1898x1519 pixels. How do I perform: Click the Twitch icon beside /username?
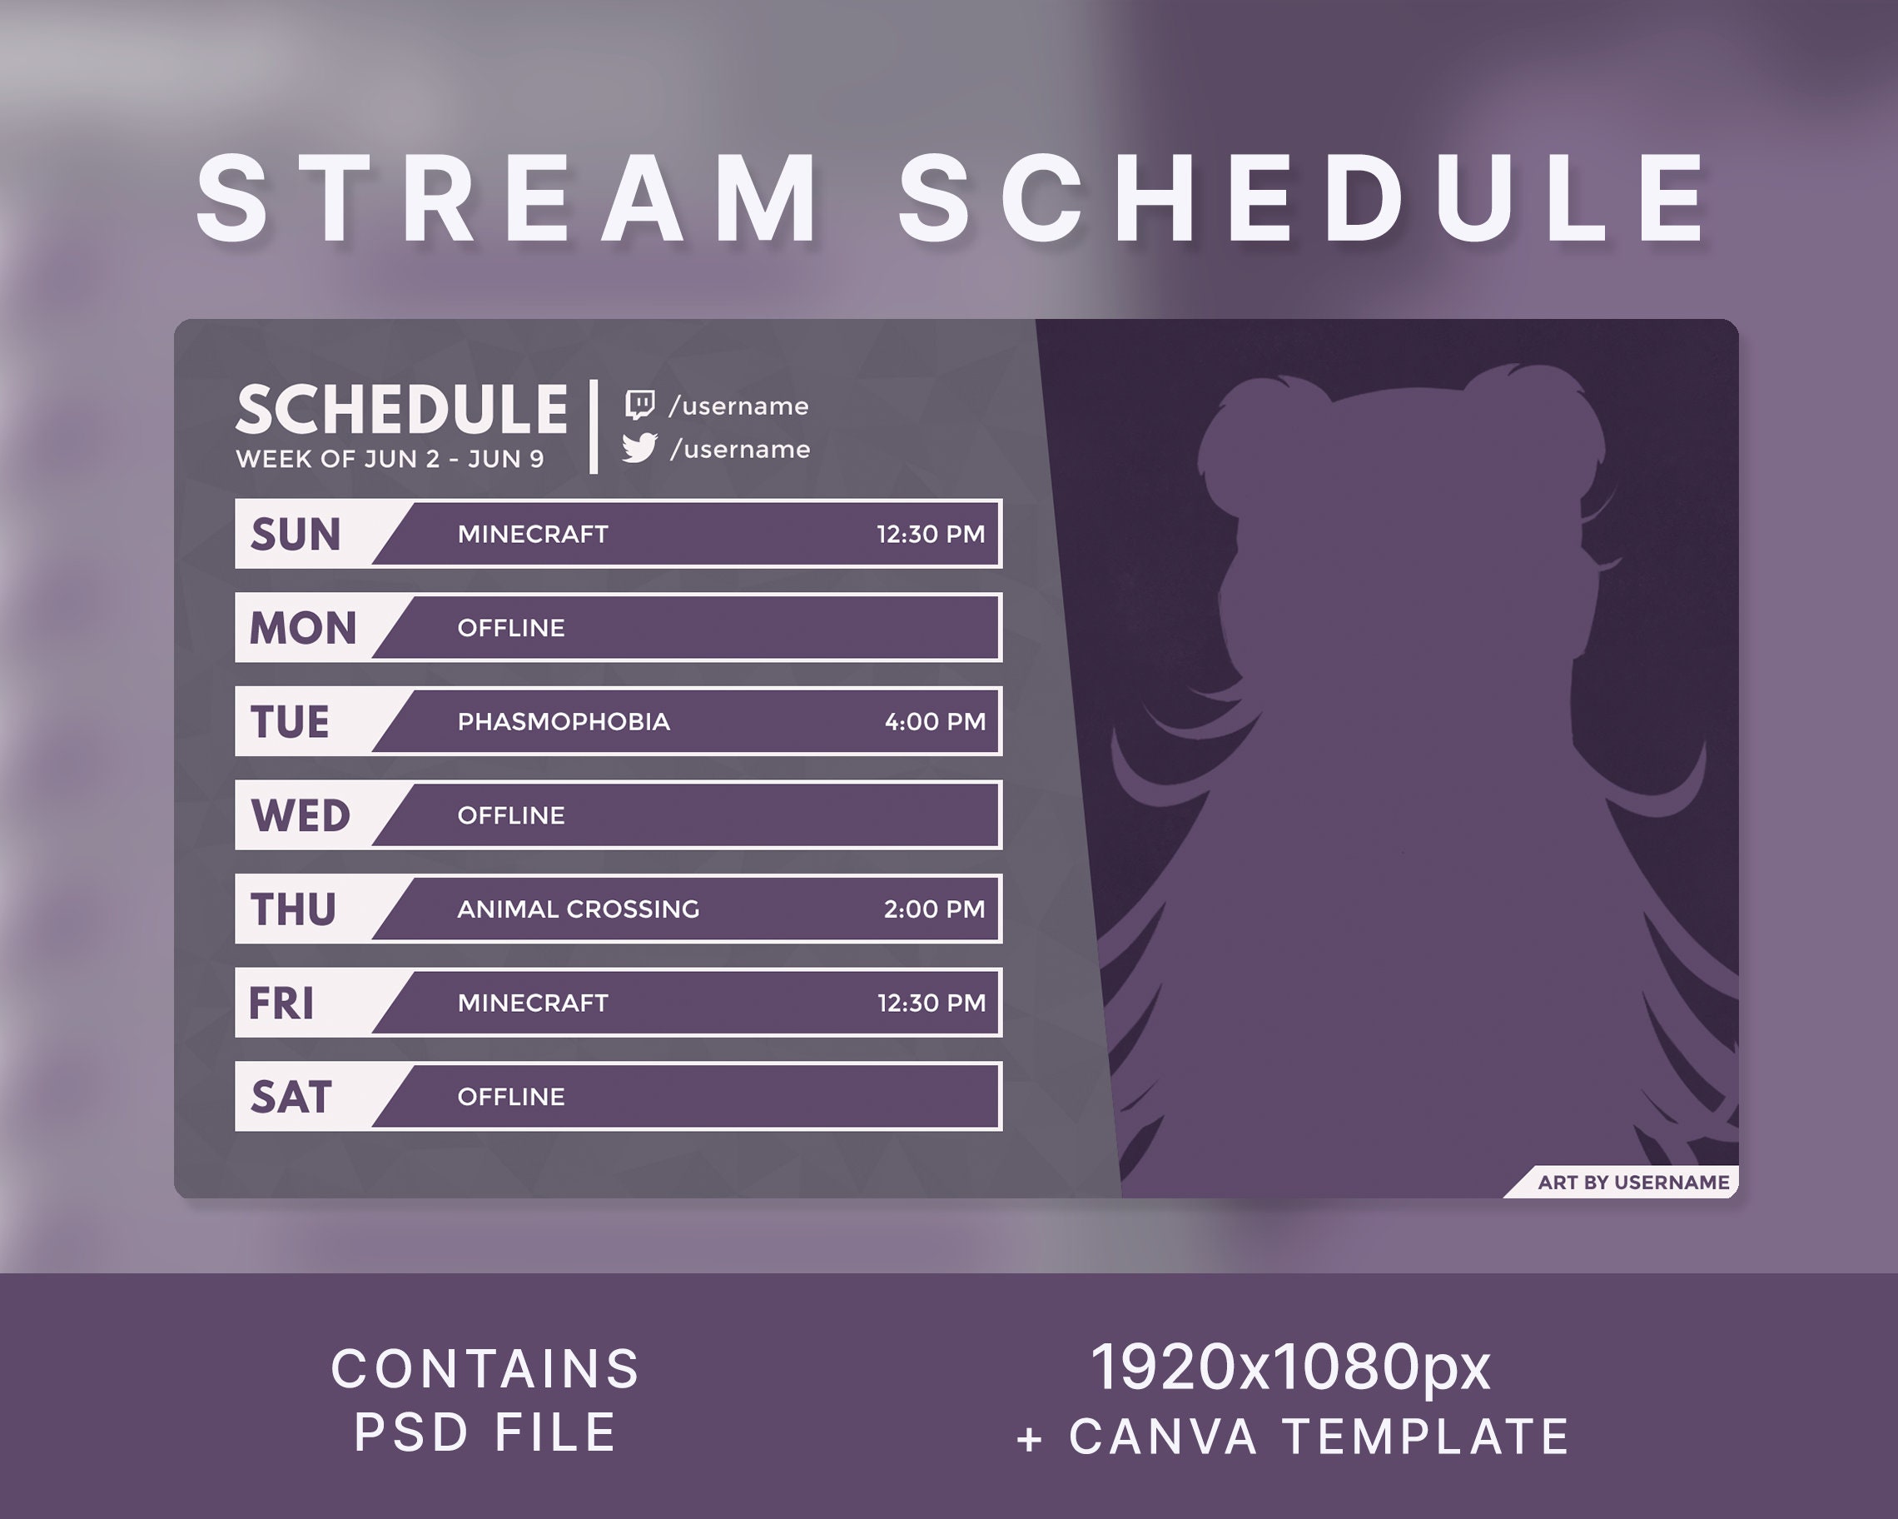tap(639, 405)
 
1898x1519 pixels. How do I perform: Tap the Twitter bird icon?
tap(639, 448)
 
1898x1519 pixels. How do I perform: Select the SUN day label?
tap(295, 535)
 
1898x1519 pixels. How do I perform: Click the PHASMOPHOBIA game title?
tap(564, 722)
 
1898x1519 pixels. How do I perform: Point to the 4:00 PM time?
tap(935, 722)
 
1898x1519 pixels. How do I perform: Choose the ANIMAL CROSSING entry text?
tap(579, 909)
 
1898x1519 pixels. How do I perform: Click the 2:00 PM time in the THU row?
tap(934, 909)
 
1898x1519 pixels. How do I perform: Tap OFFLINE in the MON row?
tap(510, 628)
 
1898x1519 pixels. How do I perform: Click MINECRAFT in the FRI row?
tap(533, 1003)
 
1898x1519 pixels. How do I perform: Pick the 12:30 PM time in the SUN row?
tap(931, 535)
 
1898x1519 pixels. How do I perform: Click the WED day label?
tap(301, 815)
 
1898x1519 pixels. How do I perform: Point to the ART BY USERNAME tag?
tap(1632, 1183)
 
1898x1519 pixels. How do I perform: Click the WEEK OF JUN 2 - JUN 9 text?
tap(390, 460)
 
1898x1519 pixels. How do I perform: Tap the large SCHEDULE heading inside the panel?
tap(401, 411)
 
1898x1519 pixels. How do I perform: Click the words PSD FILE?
tap(485, 1432)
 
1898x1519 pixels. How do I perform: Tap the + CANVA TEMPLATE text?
tap(1291, 1437)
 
